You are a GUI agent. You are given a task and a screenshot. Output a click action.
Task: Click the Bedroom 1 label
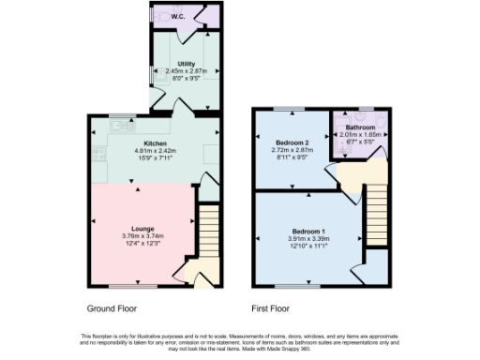tap(307, 231)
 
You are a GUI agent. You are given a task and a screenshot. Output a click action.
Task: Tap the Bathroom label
tap(360, 127)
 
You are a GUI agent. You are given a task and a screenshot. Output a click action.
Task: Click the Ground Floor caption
tap(112, 307)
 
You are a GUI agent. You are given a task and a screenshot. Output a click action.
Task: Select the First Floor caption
tap(270, 307)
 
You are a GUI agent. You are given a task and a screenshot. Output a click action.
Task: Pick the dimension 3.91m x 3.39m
tap(307, 239)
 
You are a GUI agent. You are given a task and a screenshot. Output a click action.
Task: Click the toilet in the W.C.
tap(167, 16)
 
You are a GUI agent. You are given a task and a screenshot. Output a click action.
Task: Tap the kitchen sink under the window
tap(119, 125)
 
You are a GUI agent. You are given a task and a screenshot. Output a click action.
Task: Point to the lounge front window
tap(125, 286)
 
